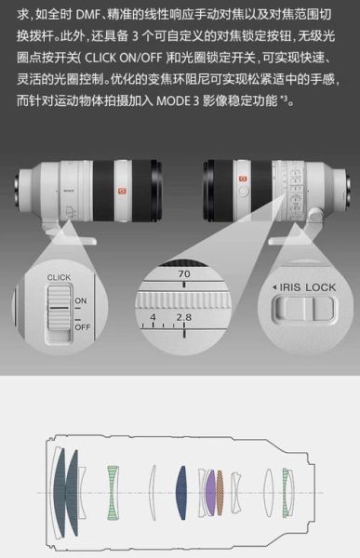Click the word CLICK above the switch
click(59, 276)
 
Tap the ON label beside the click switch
click(80, 299)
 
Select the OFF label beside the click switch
click(83, 327)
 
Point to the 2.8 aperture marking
click(183, 318)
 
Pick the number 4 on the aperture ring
click(153, 318)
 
